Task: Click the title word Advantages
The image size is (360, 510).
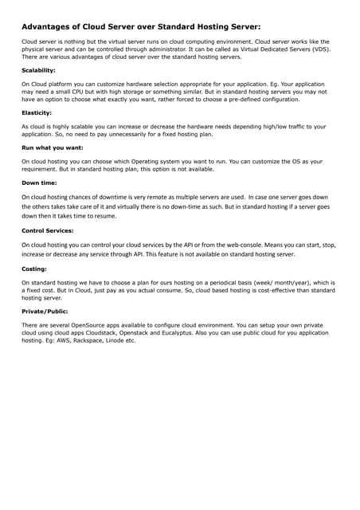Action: pyautogui.click(x=53, y=25)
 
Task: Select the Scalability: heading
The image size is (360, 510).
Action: pyautogui.click(x=38, y=70)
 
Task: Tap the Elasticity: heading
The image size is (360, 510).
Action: pyautogui.click(x=37, y=113)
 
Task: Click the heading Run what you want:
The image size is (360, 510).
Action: pyautogui.click(x=52, y=147)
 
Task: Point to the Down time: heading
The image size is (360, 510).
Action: pyautogui.click(x=38, y=182)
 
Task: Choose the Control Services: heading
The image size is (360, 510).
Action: pyautogui.click(x=48, y=231)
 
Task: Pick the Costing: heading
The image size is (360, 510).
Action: pyautogui.click(x=34, y=269)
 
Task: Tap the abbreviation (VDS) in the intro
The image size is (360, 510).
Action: pyautogui.click(x=319, y=49)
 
